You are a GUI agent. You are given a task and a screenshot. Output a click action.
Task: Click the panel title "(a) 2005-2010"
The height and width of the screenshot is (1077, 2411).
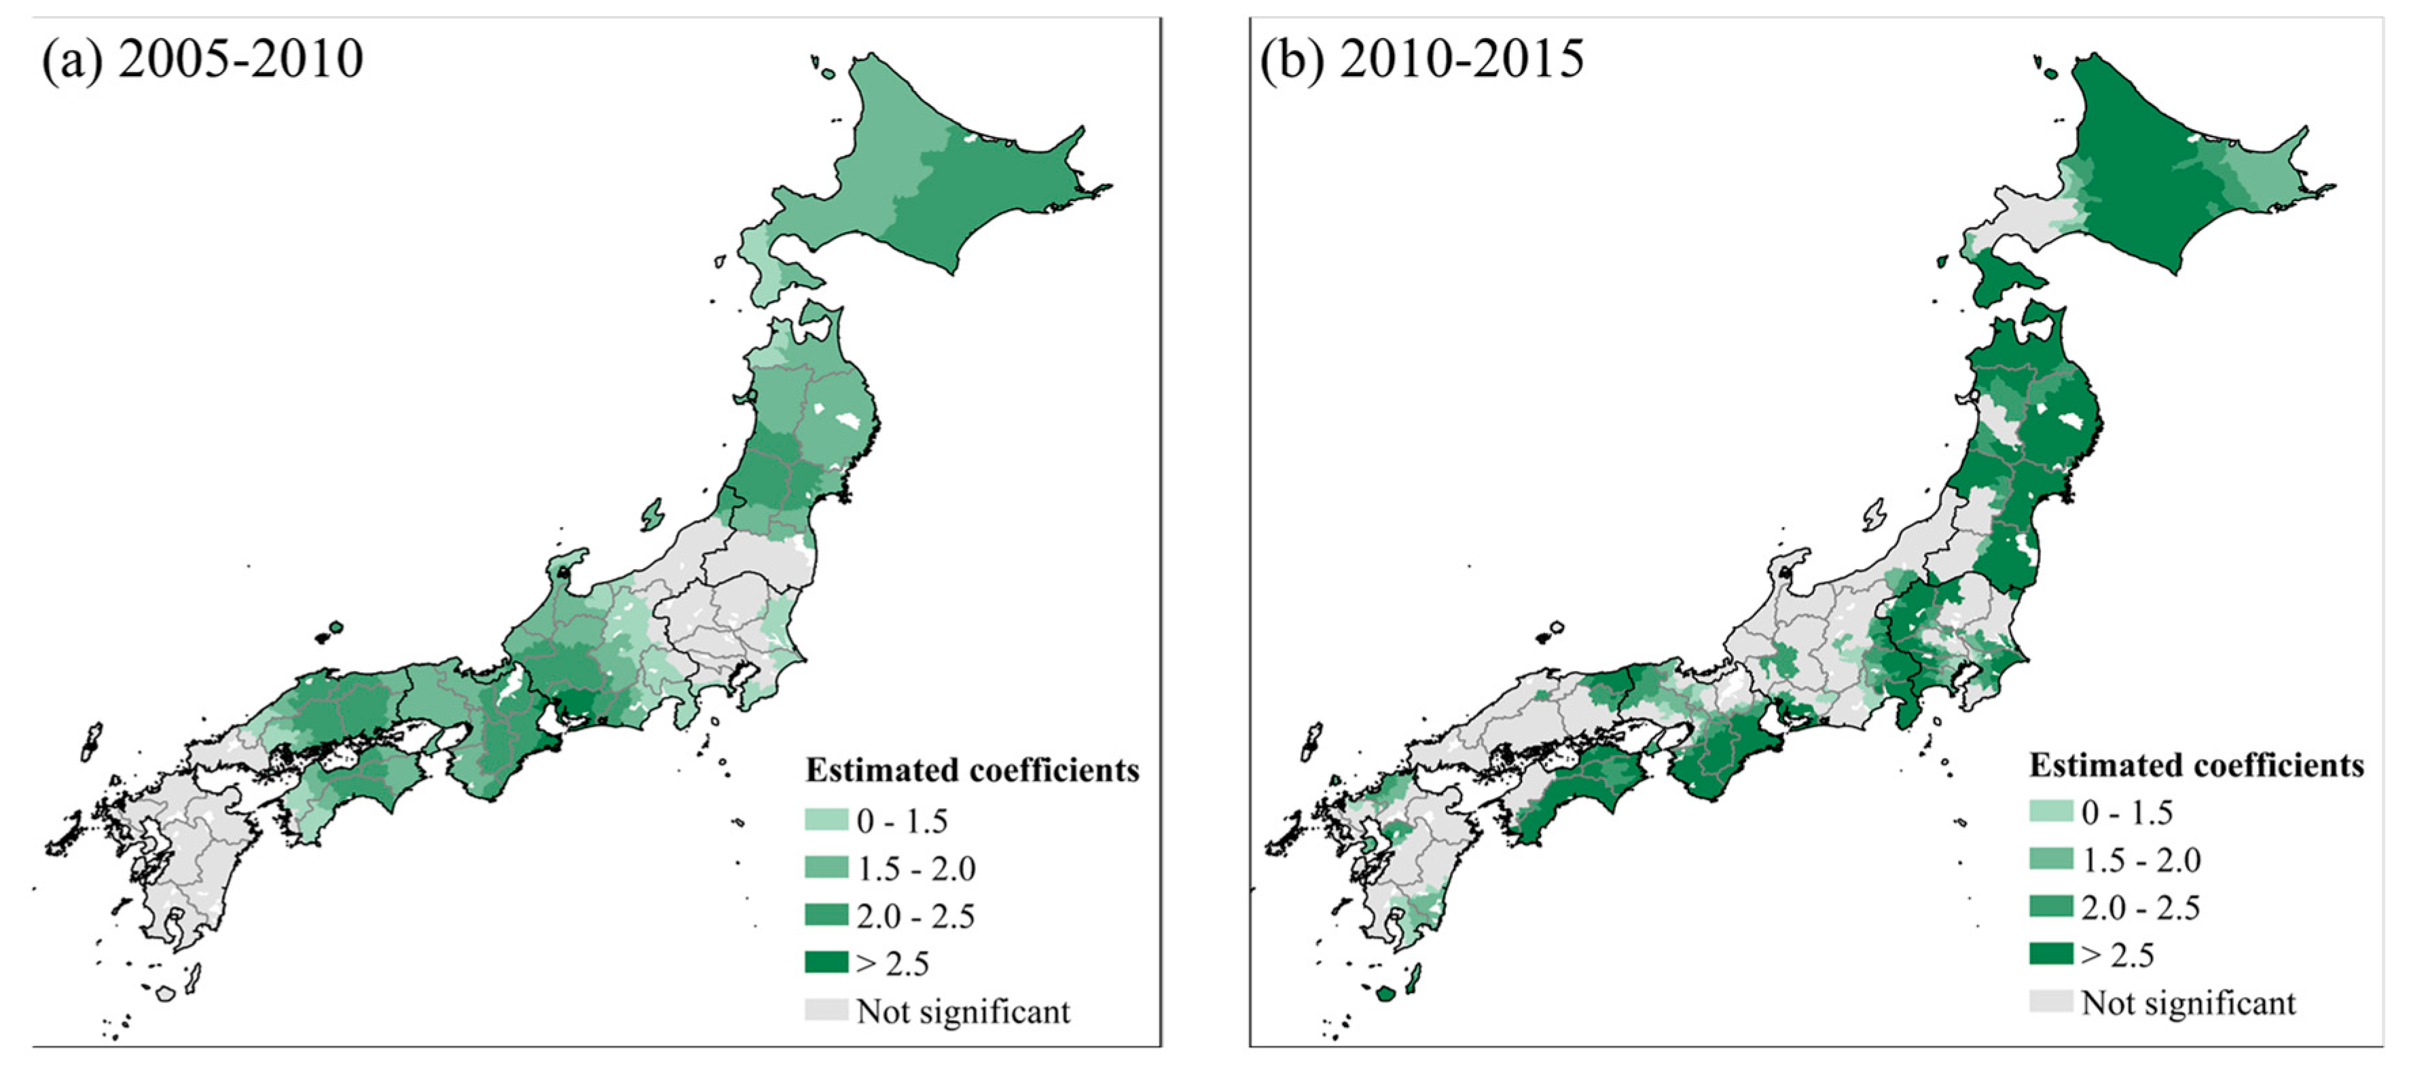[202, 60]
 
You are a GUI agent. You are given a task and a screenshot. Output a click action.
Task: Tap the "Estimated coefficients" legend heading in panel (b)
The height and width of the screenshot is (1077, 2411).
[2196, 765]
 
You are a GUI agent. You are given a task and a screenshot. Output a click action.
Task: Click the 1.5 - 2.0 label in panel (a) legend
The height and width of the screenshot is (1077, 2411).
[916, 869]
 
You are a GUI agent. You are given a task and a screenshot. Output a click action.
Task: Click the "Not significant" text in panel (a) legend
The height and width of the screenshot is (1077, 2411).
[963, 1012]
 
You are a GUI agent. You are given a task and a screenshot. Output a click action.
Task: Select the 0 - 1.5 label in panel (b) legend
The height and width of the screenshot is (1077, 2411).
[2127, 812]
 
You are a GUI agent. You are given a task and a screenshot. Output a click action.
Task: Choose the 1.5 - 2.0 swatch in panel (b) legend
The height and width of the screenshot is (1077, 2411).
[2050, 859]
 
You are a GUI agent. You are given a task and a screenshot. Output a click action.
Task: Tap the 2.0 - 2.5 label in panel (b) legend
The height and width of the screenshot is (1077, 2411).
[2141, 907]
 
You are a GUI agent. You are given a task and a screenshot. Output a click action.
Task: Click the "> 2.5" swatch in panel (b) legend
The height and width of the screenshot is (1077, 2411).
[2050, 954]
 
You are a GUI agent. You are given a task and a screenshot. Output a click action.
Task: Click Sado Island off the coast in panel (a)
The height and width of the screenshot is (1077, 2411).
[653, 513]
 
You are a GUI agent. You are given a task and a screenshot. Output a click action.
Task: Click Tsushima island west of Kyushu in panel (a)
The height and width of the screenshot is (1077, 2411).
[91, 741]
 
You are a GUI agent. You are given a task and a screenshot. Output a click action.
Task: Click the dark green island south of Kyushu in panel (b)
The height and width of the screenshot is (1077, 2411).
[1386, 993]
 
